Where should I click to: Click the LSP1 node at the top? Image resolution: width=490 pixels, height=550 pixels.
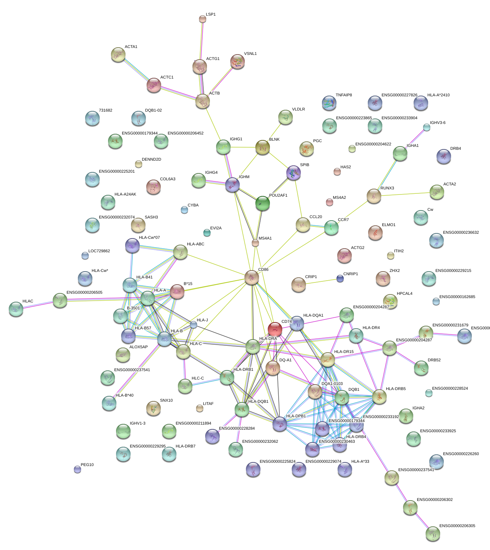[x=203, y=19]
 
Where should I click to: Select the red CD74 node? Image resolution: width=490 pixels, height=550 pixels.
[x=275, y=329]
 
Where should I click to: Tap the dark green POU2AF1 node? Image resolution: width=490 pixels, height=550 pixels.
[x=263, y=203]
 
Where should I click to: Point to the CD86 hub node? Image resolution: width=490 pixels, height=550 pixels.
[x=252, y=277]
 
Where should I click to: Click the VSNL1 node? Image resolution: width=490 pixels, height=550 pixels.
[x=238, y=62]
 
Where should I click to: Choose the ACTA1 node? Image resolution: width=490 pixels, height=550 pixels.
[x=118, y=55]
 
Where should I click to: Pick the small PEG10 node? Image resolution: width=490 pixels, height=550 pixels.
[x=77, y=469]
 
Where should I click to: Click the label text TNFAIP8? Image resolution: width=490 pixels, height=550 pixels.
[x=344, y=95]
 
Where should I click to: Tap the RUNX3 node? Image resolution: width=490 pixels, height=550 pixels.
[x=374, y=196]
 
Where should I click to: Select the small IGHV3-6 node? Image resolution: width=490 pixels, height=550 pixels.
[x=426, y=127]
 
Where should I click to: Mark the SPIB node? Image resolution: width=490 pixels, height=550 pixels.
[x=294, y=173]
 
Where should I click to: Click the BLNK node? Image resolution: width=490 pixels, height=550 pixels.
[x=263, y=147]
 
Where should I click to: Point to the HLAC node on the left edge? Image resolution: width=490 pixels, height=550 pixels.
[x=16, y=309]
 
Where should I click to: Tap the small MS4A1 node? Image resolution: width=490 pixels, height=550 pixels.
[x=255, y=243]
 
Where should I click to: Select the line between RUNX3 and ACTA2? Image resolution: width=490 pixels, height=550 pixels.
[x=406, y=194]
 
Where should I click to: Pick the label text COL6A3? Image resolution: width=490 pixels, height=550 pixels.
[x=168, y=179]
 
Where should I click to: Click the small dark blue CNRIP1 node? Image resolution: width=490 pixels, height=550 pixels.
[x=340, y=279]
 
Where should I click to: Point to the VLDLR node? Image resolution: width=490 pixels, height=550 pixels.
[x=286, y=117]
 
